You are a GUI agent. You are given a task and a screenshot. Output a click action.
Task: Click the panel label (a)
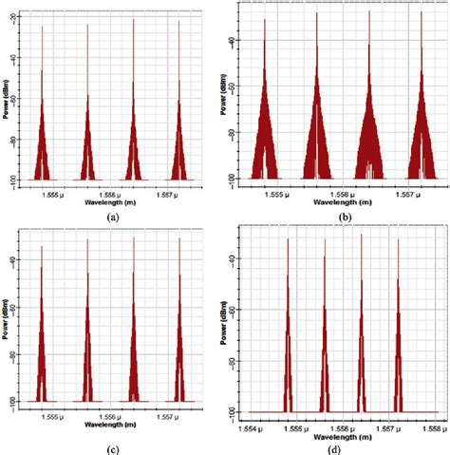[113, 217]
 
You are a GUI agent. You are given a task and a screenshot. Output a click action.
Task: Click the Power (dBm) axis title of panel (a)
[8, 95]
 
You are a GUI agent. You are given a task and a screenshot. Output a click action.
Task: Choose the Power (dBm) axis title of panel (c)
[8, 323]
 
